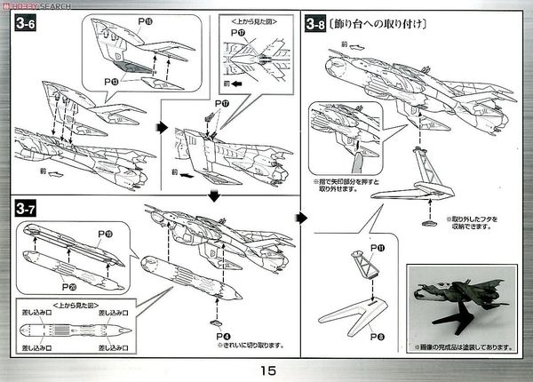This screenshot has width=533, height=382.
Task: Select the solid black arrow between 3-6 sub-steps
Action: click(162, 126)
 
